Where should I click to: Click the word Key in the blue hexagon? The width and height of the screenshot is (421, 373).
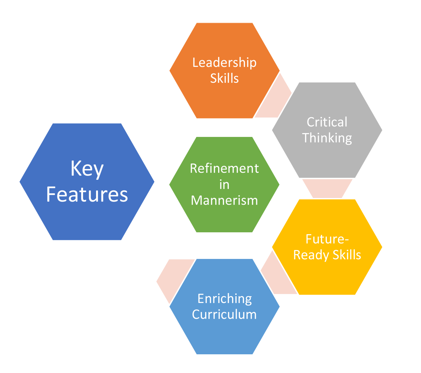87,169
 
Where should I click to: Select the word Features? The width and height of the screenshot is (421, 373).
87,194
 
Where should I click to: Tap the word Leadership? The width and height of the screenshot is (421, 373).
224,62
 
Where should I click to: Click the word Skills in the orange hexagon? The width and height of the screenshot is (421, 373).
224,78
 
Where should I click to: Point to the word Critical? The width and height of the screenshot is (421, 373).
327,122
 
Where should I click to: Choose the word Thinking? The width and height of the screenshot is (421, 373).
327,138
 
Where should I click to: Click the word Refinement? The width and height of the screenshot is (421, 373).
224,168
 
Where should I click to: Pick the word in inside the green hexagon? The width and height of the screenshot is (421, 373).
224,184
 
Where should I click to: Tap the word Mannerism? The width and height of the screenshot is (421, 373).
224,200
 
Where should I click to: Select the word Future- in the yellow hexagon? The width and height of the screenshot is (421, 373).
327,239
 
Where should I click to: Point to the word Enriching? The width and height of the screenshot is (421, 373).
224,299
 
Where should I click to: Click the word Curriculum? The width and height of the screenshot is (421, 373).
224,314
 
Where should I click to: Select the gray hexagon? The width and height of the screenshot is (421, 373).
327,158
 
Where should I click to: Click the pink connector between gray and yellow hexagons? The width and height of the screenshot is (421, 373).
327,189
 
